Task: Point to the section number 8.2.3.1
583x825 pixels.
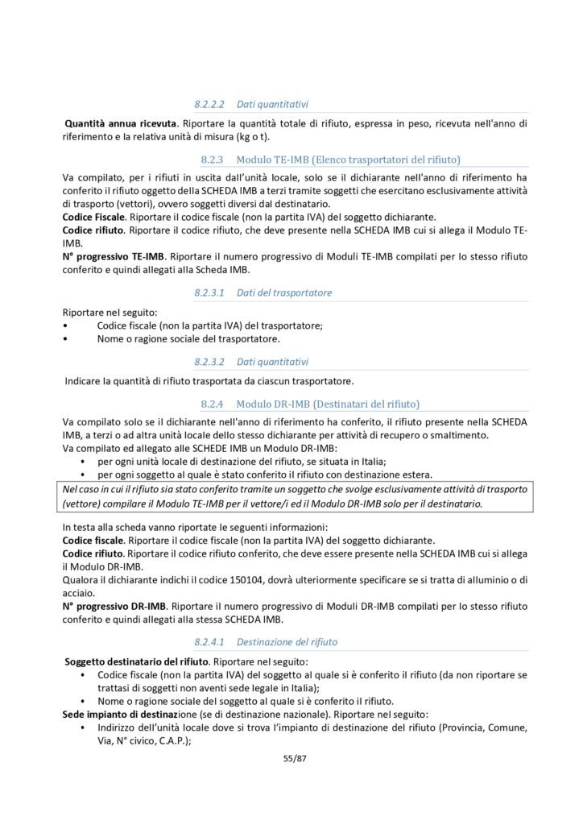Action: [x=209, y=293]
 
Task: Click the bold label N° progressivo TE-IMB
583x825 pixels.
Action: [x=114, y=257]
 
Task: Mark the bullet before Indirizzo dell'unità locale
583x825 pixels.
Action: [x=85, y=728]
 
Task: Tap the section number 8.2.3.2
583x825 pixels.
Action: [x=209, y=362]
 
